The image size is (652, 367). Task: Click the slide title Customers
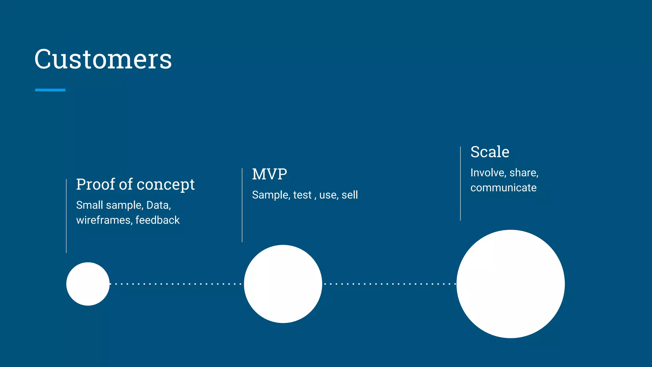click(x=103, y=59)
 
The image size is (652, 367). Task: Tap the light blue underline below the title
click(x=50, y=90)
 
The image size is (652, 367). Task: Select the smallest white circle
click(x=88, y=284)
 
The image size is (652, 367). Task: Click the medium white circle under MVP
click(x=283, y=284)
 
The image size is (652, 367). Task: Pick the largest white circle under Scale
click(x=510, y=284)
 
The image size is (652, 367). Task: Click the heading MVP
click(x=269, y=174)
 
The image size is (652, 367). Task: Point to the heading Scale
click(x=490, y=152)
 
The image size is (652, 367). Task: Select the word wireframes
click(x=103, y=220)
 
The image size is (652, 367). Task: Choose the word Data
click(x=158, y=205)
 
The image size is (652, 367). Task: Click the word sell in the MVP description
click(x=350, y=195)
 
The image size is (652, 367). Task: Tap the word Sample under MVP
click(x=271, y=195)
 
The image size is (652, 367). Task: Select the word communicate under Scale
click(x=503, y=188)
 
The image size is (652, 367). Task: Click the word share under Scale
click(x=523, y=173)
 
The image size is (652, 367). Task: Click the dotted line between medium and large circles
click(x=389, y=284)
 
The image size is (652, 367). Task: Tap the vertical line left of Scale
click(x=460, y=183)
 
